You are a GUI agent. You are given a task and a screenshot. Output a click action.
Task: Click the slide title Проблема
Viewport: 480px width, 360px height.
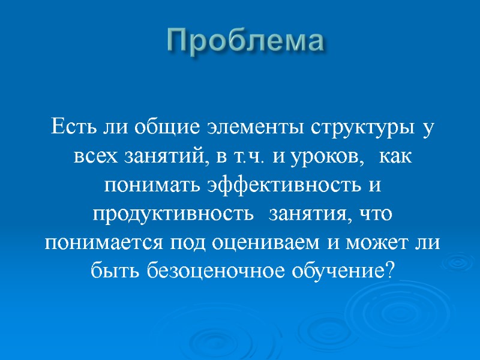245,41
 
